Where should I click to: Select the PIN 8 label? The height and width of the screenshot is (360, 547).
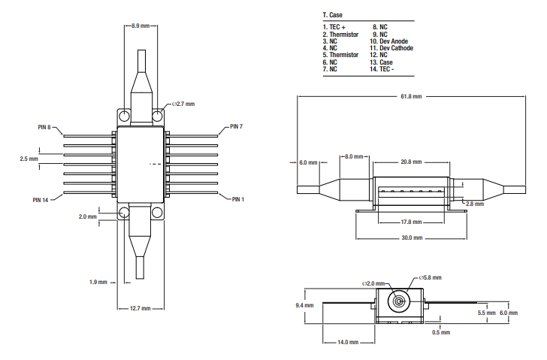[x=44, y=127]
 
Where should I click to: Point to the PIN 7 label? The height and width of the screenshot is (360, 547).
[x=236, y=126]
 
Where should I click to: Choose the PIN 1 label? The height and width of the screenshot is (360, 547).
[x=238, y=199]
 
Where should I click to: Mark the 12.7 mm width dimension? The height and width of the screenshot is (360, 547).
[x=141, y=308]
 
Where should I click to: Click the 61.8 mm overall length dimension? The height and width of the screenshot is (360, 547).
[x=410, y=96]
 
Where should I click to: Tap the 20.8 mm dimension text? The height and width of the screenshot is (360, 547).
[x=410, y=162]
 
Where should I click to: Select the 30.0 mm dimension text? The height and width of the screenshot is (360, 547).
[x=411, y=237]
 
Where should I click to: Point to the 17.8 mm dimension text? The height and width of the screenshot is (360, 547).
[x=410, y=222]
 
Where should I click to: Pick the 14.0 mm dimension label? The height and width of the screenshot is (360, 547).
[x=348, y=343]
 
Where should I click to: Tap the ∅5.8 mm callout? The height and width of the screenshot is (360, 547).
[x=430, y=277]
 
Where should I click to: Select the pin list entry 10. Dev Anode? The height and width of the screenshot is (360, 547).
[x=391, y=41]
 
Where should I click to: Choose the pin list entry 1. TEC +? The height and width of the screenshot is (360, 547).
[x=334, y=27]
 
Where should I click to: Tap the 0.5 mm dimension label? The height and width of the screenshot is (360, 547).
[x=441, y=332]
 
